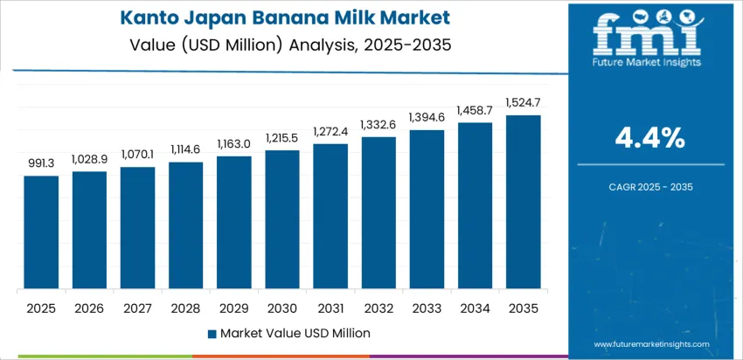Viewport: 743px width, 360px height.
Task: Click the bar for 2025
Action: [41, 232]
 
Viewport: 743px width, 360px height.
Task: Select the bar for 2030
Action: [282, 219]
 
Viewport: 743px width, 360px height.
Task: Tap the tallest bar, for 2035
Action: [524, 202]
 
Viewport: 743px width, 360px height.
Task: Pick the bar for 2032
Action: [378, 213]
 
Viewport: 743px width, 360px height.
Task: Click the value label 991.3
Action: [41, 163]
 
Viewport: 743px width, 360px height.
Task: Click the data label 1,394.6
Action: [427, 116]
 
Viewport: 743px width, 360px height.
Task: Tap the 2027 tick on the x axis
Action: [137, 308]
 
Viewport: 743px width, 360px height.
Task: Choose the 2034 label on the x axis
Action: [476, 308]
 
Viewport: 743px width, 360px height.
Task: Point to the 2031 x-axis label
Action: [330, 308]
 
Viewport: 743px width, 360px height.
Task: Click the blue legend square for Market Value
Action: [212, 333]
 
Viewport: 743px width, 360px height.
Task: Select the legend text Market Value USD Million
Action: [295, 333]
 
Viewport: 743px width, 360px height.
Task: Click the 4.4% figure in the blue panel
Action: [650, 137]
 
